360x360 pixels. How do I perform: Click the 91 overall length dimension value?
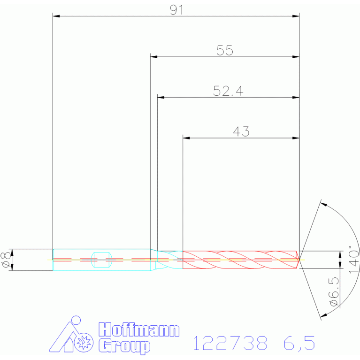(176, 10)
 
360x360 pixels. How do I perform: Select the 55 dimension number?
(225, 50)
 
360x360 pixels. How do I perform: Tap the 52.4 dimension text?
(228, 91)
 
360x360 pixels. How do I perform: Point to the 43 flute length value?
(241, 131)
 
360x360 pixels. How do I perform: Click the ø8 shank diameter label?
(6, 260)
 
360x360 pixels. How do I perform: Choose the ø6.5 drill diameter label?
(334, 291)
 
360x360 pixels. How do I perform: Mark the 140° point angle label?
(353, 260)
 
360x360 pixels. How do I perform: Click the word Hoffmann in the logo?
(139, 329)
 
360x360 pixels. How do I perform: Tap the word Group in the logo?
(124, 346)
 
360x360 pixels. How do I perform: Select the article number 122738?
(230, 343)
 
